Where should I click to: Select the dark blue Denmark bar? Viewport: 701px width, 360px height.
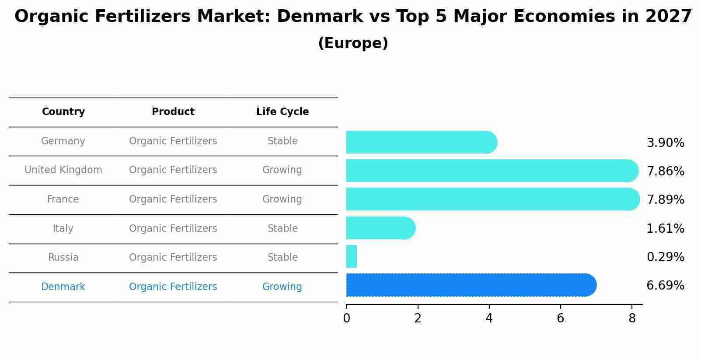pyautogui.click(x=471, y=285)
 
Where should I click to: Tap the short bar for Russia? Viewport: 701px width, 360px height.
pyautogui.click(x=352, y=256)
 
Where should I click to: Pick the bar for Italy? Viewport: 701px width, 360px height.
pyautogui.click(x=380, y=228)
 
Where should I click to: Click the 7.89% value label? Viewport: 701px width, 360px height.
pyautogui.click(x=665, y=200)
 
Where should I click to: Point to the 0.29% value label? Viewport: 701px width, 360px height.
pyautogui.click(x=665, y=257)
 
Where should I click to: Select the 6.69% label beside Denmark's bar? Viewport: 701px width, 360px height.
pyautogui.click(x=665, y=286)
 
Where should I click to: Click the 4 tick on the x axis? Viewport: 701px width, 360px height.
pyautogui.click(x=489, y=318)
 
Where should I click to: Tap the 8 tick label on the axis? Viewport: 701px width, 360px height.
pyautogui.click(x=631, y=318)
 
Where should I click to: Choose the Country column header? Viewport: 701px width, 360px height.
pyautogui.click(x=63, y=112)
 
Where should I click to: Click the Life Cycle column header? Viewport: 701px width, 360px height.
pyautogui.click(x=282, y=112)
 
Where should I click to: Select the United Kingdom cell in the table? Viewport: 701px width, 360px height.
pyautogui.click(x=63, y=170)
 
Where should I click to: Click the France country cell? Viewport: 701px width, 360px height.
pyautogui.click(x=63, y=199)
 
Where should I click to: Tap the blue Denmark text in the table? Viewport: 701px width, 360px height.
pyautogui.click(x=63, y=287)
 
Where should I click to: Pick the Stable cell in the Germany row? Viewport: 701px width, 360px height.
pyautogui.click(x=282, y=141)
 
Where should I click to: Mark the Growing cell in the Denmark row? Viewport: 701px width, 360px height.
pyautogui.click(x=282, y=287)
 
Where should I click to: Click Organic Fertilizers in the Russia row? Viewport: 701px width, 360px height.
pyautogui.click(x=173, y=258)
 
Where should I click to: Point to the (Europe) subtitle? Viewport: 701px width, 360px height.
pyautogui.click(x=353, y=43)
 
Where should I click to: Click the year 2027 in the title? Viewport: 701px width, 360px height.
pyautogui.click(x=668, y=17)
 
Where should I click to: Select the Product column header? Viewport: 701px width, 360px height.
pyautogui.click(x=173, y=112)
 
